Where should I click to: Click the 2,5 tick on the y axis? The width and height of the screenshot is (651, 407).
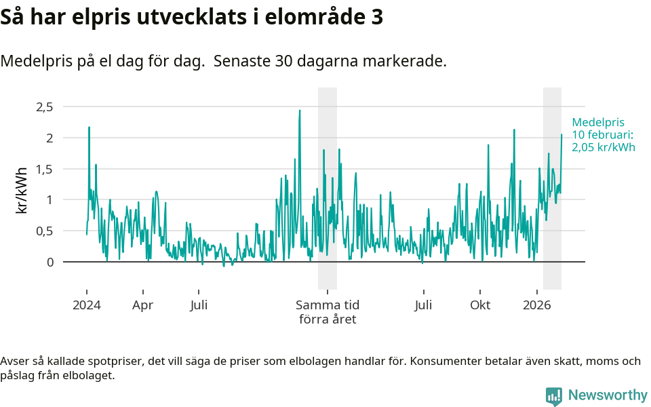pos(44,106)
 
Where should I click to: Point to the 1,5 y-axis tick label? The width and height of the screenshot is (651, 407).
pos(44,169)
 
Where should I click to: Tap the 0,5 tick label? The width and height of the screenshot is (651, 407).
pos(44,231)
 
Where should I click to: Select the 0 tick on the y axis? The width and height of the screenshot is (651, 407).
pos(49,262)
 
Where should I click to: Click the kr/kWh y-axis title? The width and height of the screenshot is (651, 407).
pos(21,190)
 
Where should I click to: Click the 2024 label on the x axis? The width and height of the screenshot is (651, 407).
pos(87,305)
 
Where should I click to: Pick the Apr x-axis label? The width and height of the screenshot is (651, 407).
pos(142,305)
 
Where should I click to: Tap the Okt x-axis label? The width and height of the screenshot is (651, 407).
pos(480,305)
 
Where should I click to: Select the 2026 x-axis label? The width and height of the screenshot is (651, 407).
pos(536,305)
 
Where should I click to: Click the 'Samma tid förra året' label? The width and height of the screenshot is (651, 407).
pos(328,312)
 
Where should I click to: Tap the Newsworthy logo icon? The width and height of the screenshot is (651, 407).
pos(554,396)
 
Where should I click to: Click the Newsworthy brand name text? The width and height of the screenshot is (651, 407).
pos(608,395)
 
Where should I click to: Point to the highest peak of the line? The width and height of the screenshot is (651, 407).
pos(300,111)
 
